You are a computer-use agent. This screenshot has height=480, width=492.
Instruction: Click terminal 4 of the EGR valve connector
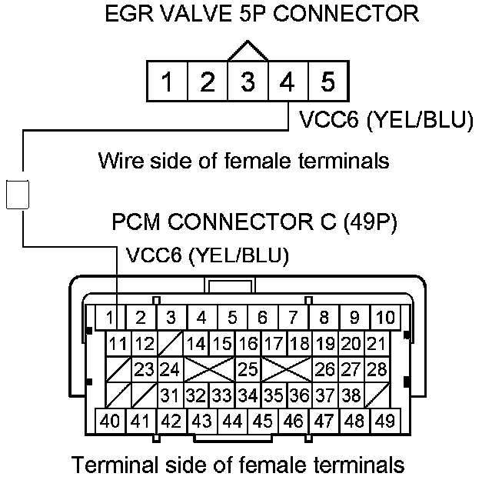(287, 82)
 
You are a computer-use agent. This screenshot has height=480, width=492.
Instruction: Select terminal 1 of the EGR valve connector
(167, 82)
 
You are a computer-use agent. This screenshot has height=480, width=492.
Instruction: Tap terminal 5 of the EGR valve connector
(327, 82)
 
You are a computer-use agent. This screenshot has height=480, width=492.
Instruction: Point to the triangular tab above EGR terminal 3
(247, 51)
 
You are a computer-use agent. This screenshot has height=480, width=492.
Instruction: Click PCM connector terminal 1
(110, 317)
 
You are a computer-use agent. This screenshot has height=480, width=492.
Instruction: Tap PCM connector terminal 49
(384, 422)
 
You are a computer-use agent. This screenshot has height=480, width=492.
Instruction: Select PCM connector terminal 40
(110, 422)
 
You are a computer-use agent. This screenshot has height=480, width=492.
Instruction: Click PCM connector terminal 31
(171, 396)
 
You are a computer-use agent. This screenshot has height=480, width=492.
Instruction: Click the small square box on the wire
(17, 194)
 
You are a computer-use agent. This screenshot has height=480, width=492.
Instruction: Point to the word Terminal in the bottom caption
(122, 465)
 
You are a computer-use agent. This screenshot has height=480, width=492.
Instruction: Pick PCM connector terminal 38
(351, 396)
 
